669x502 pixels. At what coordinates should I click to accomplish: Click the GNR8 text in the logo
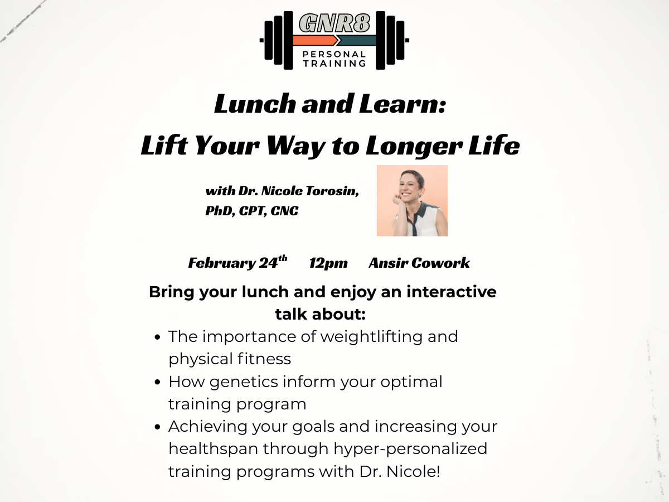click(334, 23)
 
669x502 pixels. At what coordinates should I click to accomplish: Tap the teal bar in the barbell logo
click(357, 40)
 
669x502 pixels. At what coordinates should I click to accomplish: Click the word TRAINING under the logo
click(334, 64)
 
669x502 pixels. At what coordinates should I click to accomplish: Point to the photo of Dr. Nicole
click(412, 200)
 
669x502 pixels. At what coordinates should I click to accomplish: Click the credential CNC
click(284, 211)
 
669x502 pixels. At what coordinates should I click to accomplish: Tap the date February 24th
click(237, 263)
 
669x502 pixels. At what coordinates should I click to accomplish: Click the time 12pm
click(328, 263)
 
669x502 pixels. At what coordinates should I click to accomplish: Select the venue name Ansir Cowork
click(419, 263)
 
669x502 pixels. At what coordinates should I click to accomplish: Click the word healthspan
click(214, 449)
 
